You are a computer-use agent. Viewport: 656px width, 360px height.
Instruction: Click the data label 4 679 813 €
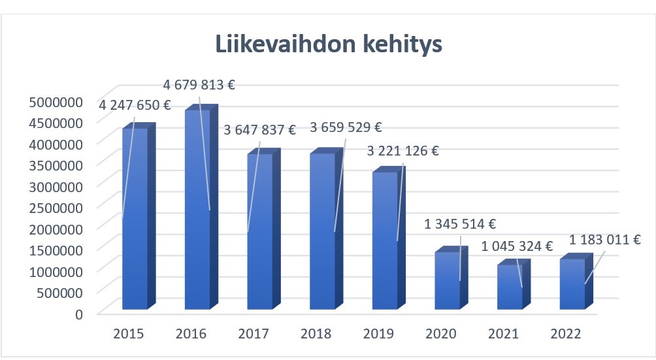pyautogui.click(x=199, y=84)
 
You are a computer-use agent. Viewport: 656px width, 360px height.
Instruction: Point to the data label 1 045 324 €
pyautogui.click(x=517, y=246)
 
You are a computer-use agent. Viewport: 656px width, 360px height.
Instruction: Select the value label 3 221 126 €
pyautogui.click(x=402, y=151)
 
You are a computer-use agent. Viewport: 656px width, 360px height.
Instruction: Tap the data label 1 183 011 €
pyautogui.click(x=604, y=239)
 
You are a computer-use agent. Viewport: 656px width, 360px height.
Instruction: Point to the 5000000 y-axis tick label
pyautogui.click(x=56, y=101)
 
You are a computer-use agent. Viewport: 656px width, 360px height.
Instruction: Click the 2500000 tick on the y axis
pyautogui.click(x=56, y=207)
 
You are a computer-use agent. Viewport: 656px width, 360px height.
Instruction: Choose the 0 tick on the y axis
pyautogui.click(x=79, y=314)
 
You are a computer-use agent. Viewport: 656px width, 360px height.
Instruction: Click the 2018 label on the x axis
pyautogui.click(x=316, y=334)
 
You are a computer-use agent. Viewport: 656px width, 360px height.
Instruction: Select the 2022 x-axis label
pyautogui.click(x=566, y=334)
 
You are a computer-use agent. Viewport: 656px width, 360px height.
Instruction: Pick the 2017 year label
pyautogui.click(x=254, y=334)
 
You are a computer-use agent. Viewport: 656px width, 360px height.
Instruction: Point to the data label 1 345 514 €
pyautogui.click(x=461, y=224)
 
